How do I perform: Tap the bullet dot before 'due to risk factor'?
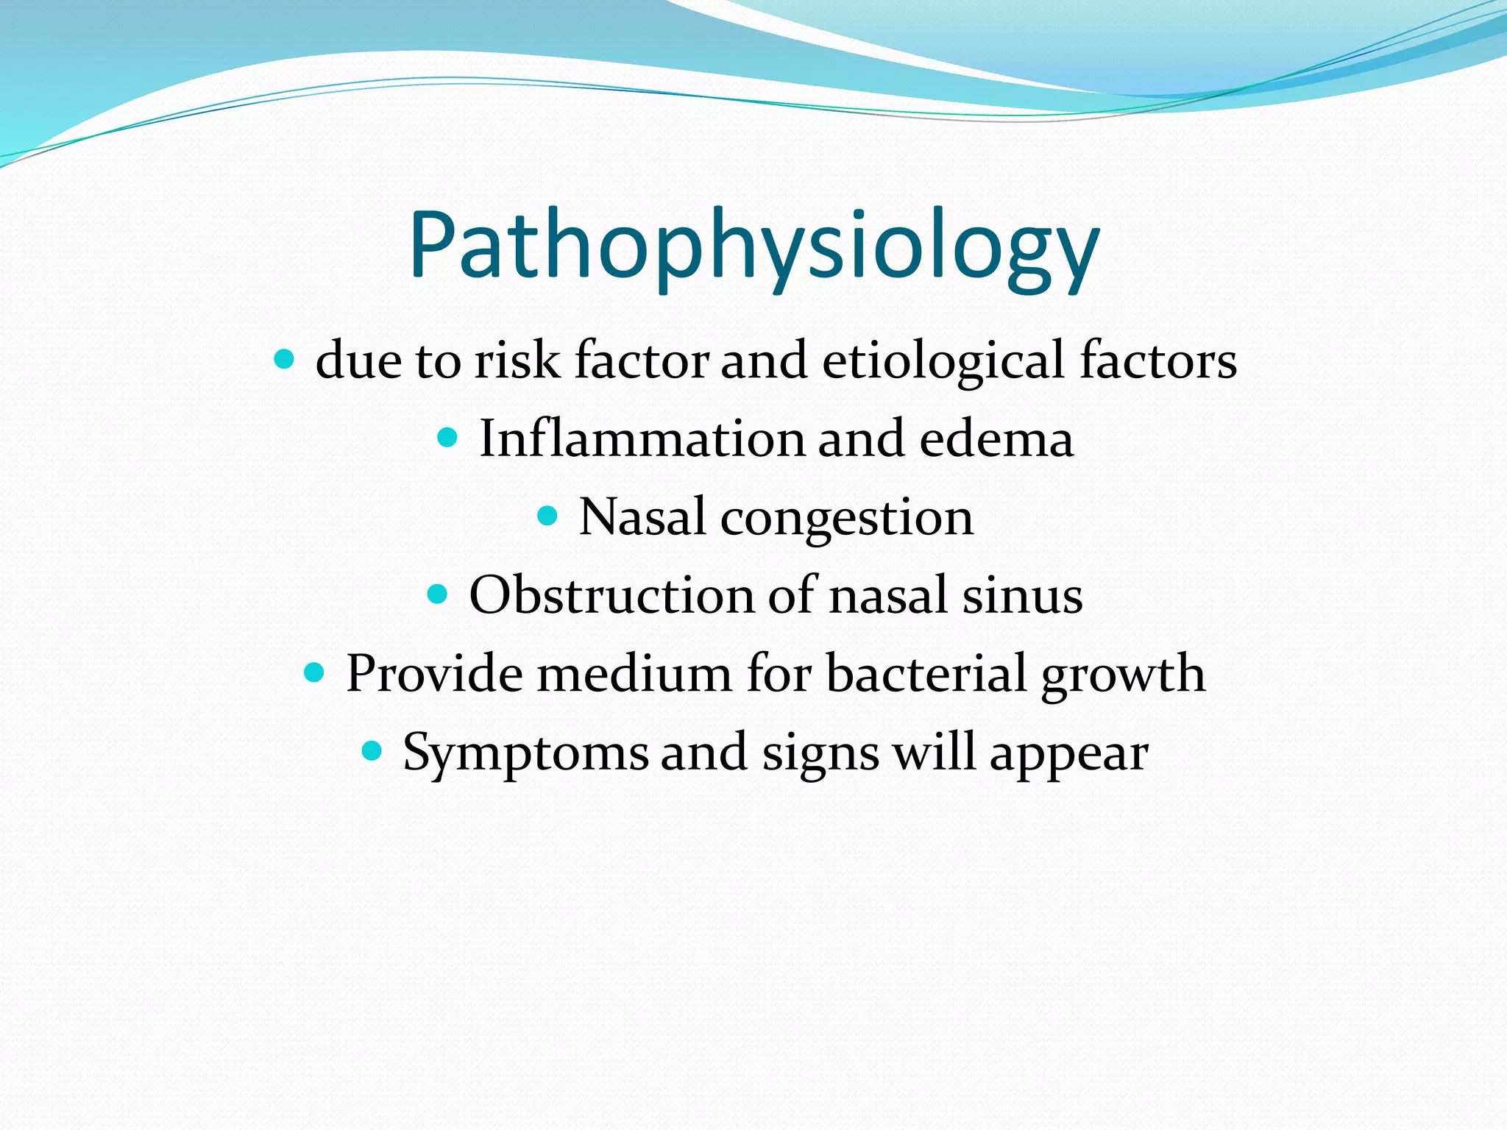pos(283,360)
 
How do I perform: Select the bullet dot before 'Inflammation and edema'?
pos(447,438)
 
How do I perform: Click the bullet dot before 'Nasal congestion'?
pos(547,516)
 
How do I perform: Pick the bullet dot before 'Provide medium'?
pos(314,672)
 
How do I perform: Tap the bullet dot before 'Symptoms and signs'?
pos(372,751)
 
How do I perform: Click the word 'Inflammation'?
pos(642,439)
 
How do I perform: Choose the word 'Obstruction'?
pos(611,595)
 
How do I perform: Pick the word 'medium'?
pos(634,673)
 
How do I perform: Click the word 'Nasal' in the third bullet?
pos(643,517)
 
